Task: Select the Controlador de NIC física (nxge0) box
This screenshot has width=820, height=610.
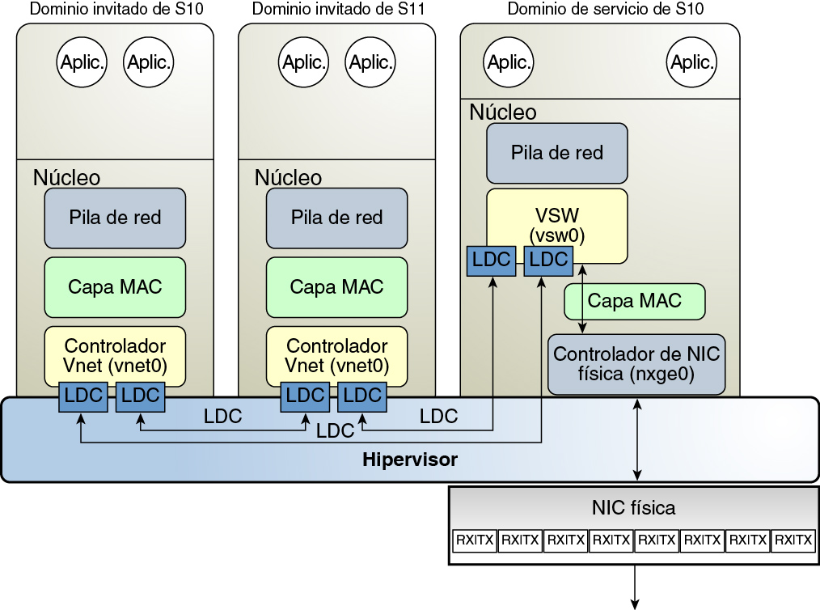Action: [x=636, y=364]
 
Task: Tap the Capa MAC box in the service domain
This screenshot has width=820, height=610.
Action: [x=634, y=301]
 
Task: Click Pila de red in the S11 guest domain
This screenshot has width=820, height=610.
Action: [x=336, y=218]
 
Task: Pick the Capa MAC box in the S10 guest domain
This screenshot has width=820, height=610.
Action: [x=115, y=287]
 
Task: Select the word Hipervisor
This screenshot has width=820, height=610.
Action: [x=409, y=460]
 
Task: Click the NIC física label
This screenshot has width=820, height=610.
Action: [x=634, y=508]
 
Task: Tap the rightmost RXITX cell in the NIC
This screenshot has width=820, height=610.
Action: [x=793, y=540]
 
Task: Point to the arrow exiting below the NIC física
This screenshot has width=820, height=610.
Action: [x=634, y=586]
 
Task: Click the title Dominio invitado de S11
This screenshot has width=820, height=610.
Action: [x=338, y=10]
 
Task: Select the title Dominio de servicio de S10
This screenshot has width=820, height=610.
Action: [x=605, y=10]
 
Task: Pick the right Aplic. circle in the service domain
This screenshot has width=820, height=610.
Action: [x=693, y=62]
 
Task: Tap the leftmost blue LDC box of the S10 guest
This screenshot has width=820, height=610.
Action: [x=82, y=396]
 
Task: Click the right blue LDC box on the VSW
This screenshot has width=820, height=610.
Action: [x=548, y=260]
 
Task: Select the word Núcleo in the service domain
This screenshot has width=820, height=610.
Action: [x=502, y=112]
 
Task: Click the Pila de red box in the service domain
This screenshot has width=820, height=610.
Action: [x=557, y=152]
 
